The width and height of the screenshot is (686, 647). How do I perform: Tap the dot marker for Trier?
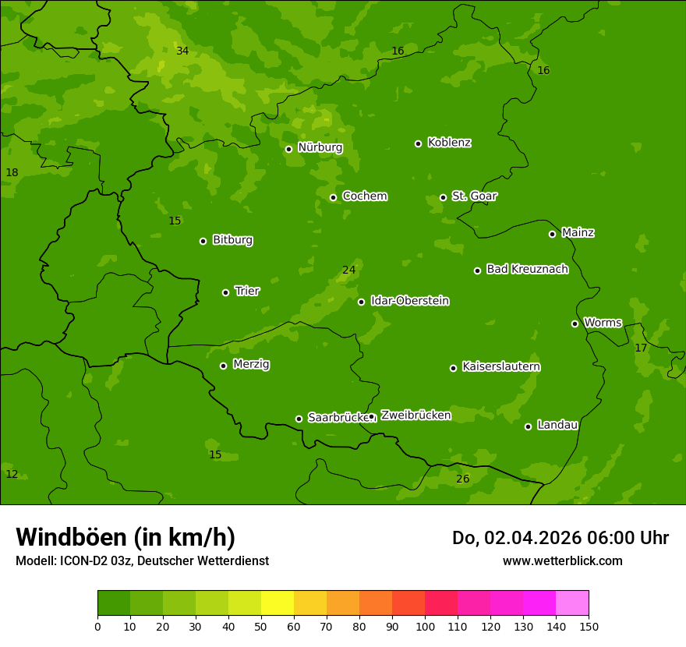[x=226, y=292]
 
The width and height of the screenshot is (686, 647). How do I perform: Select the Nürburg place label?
[x=320, y=147]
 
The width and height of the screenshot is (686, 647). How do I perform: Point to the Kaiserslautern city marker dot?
[x=453, y=368]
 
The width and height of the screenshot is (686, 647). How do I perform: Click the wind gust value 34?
[x=182, y=51]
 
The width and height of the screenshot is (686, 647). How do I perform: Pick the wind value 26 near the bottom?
[x=462, y=479]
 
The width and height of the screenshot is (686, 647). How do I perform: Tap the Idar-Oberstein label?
[x=409, y=301]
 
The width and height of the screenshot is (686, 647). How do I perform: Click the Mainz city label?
[x=578, y=232]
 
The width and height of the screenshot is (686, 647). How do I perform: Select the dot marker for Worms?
[x=575, y=323]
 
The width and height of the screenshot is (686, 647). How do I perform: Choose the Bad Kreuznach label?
[x=527, y=269]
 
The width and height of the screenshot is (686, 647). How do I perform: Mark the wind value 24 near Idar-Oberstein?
[x=348, y=270]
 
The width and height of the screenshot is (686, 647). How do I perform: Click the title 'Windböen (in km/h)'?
[x=126, y=537]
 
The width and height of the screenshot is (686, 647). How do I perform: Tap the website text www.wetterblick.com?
[x=562, y=560]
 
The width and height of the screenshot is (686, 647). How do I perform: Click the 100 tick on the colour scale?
[x=425, y=626]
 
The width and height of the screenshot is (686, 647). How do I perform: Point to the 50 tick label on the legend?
[x=261, y=626]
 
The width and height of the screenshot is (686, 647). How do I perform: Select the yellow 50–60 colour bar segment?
[x=278, y=603]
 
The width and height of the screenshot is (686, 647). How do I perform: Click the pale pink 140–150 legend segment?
[x=572, y=603]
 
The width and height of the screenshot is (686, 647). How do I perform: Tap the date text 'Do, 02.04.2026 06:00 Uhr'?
[x=560, y=538]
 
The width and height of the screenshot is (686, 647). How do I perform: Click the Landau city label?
[x=557, y=425]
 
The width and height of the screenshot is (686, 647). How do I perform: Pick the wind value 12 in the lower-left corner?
[x=12, y=474]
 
